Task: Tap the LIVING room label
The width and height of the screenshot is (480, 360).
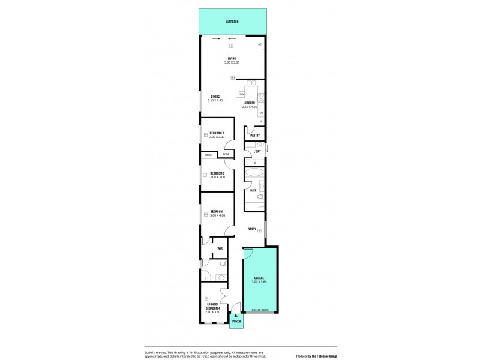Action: pyautogui.click(x=232, y=58)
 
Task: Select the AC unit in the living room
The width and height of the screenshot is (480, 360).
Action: pyautogui.click(x=260, y=45)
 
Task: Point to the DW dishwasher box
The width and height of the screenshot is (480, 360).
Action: pyautogui.click(x=241, y=95)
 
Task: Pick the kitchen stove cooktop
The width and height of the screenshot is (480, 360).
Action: pyautogui.click(x=261, y=98)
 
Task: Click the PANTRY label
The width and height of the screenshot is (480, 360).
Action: pyautogui.click(x=255, y=136)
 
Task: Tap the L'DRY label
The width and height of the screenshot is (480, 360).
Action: pyautogui.click(x=257, y=151)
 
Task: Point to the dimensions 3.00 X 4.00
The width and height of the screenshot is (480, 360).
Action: pyautogui.click(x=217, y=215)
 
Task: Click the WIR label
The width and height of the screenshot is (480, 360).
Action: pyautogui.click(x=220, y=248)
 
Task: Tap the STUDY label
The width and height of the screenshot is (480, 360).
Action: pyautogui.click(x=252, y=229)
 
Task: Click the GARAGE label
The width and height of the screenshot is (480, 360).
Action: pyautogui.click(x=259, y=278)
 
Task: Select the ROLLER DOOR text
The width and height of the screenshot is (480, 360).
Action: pyautogui.click(x=259, y=311)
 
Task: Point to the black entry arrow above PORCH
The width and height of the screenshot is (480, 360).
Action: pyautogui.click(x=236, y=315)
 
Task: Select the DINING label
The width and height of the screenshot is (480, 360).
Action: pyautogui.click(x=215, y=96)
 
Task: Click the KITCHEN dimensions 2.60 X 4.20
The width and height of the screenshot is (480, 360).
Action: pyautogui.click(x=250, y=107)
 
